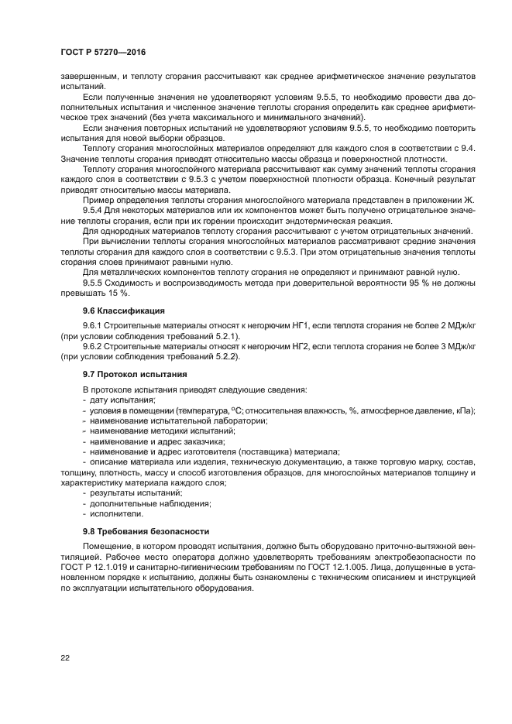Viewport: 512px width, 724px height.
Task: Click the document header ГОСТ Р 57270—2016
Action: (x=102, y=52)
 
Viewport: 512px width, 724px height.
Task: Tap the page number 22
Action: (x=65, y=657)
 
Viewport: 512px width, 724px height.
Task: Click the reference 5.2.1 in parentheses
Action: (x=224, y=338)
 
